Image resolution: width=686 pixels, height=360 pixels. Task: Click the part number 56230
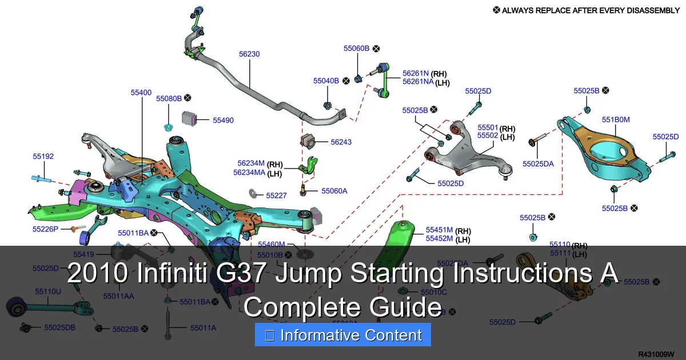pyautogui.click(x=249, y=54)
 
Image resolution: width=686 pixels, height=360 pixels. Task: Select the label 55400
pyautogui.click(x=141, y=92)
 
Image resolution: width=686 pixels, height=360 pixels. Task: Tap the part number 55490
pyautogui.click(x=223, y=121)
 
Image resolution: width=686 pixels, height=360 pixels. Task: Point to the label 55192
pyautogui.click(x=43, y=156)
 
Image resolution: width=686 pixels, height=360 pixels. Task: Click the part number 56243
pyautogui.click(x=341, y=142)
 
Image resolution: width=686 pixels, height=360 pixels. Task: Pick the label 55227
pyautogui.click(x=276, y=195)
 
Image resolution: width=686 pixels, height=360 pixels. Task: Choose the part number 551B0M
pyautogui.click(x=616, y=119)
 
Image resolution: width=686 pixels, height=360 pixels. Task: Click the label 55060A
pyautogui.click(x=334, y=191)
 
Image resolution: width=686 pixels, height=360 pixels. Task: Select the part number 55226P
pyautogui.click(x=46, y=229)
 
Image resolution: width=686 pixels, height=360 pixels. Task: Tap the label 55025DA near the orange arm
pyautogui.click(x=538, y=164)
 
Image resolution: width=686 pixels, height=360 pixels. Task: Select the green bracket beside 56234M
pyautogui.click(x=309, y=165)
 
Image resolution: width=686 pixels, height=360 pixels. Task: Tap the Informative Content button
pyautogui.click(x=342, y=336)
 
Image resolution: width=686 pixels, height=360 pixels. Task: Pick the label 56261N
pyautogui.click(x=416, y=73)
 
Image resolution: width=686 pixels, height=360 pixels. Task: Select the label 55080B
pyautogui.click(x=169, y=98)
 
